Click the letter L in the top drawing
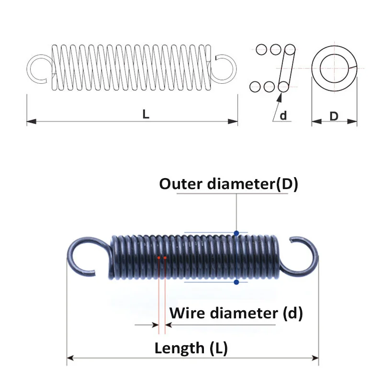click(x=146, y=114)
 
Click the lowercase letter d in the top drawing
click(x=283, y=115)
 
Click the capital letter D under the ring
click(x=334, y=116)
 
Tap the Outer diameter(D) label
click(x=228, y=184)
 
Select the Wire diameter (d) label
click(x=236, y=314)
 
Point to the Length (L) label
click(x=191, y=348)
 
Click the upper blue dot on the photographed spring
click(x=237, y=233)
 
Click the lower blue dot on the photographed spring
click(x=237, y=282)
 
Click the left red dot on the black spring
click(x=158, y=258)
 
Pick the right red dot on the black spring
click(x=165, y=258)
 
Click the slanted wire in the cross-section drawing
click(x=286, y=68)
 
